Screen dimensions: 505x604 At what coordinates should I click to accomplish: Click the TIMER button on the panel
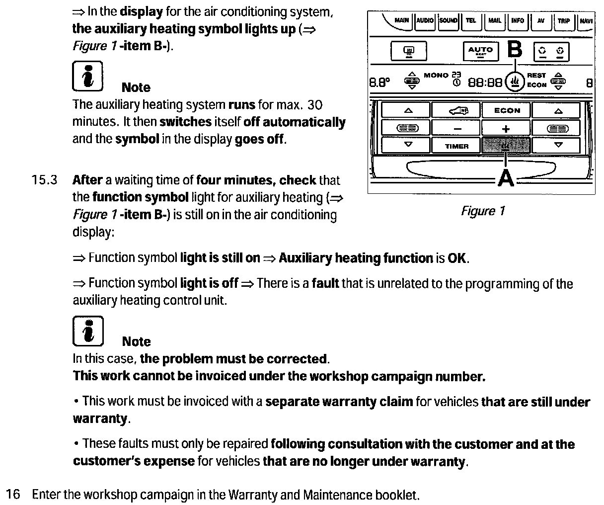(456, 146)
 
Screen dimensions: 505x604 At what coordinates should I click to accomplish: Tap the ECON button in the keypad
(507, 111)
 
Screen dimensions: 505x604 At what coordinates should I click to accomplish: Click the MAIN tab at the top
(401, 21)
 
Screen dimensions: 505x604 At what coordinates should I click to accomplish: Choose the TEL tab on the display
(471, 21)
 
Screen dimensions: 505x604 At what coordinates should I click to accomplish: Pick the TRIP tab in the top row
(563, 21)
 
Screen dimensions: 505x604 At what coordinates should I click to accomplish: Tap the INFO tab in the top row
(517, 21)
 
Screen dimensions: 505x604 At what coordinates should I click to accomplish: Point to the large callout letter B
(515, 50)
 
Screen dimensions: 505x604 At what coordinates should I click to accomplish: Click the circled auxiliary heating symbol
(515, 81)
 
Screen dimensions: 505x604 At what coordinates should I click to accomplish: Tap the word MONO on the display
(436, 75)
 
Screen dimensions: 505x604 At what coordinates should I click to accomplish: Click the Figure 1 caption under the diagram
(483, 211)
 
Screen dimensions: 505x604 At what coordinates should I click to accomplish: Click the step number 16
(13, 495)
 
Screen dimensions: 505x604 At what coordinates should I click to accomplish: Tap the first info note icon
(87, 77)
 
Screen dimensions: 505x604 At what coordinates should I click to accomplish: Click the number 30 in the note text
(314, 105)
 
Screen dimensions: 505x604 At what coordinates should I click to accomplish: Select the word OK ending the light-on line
(457, 258)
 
